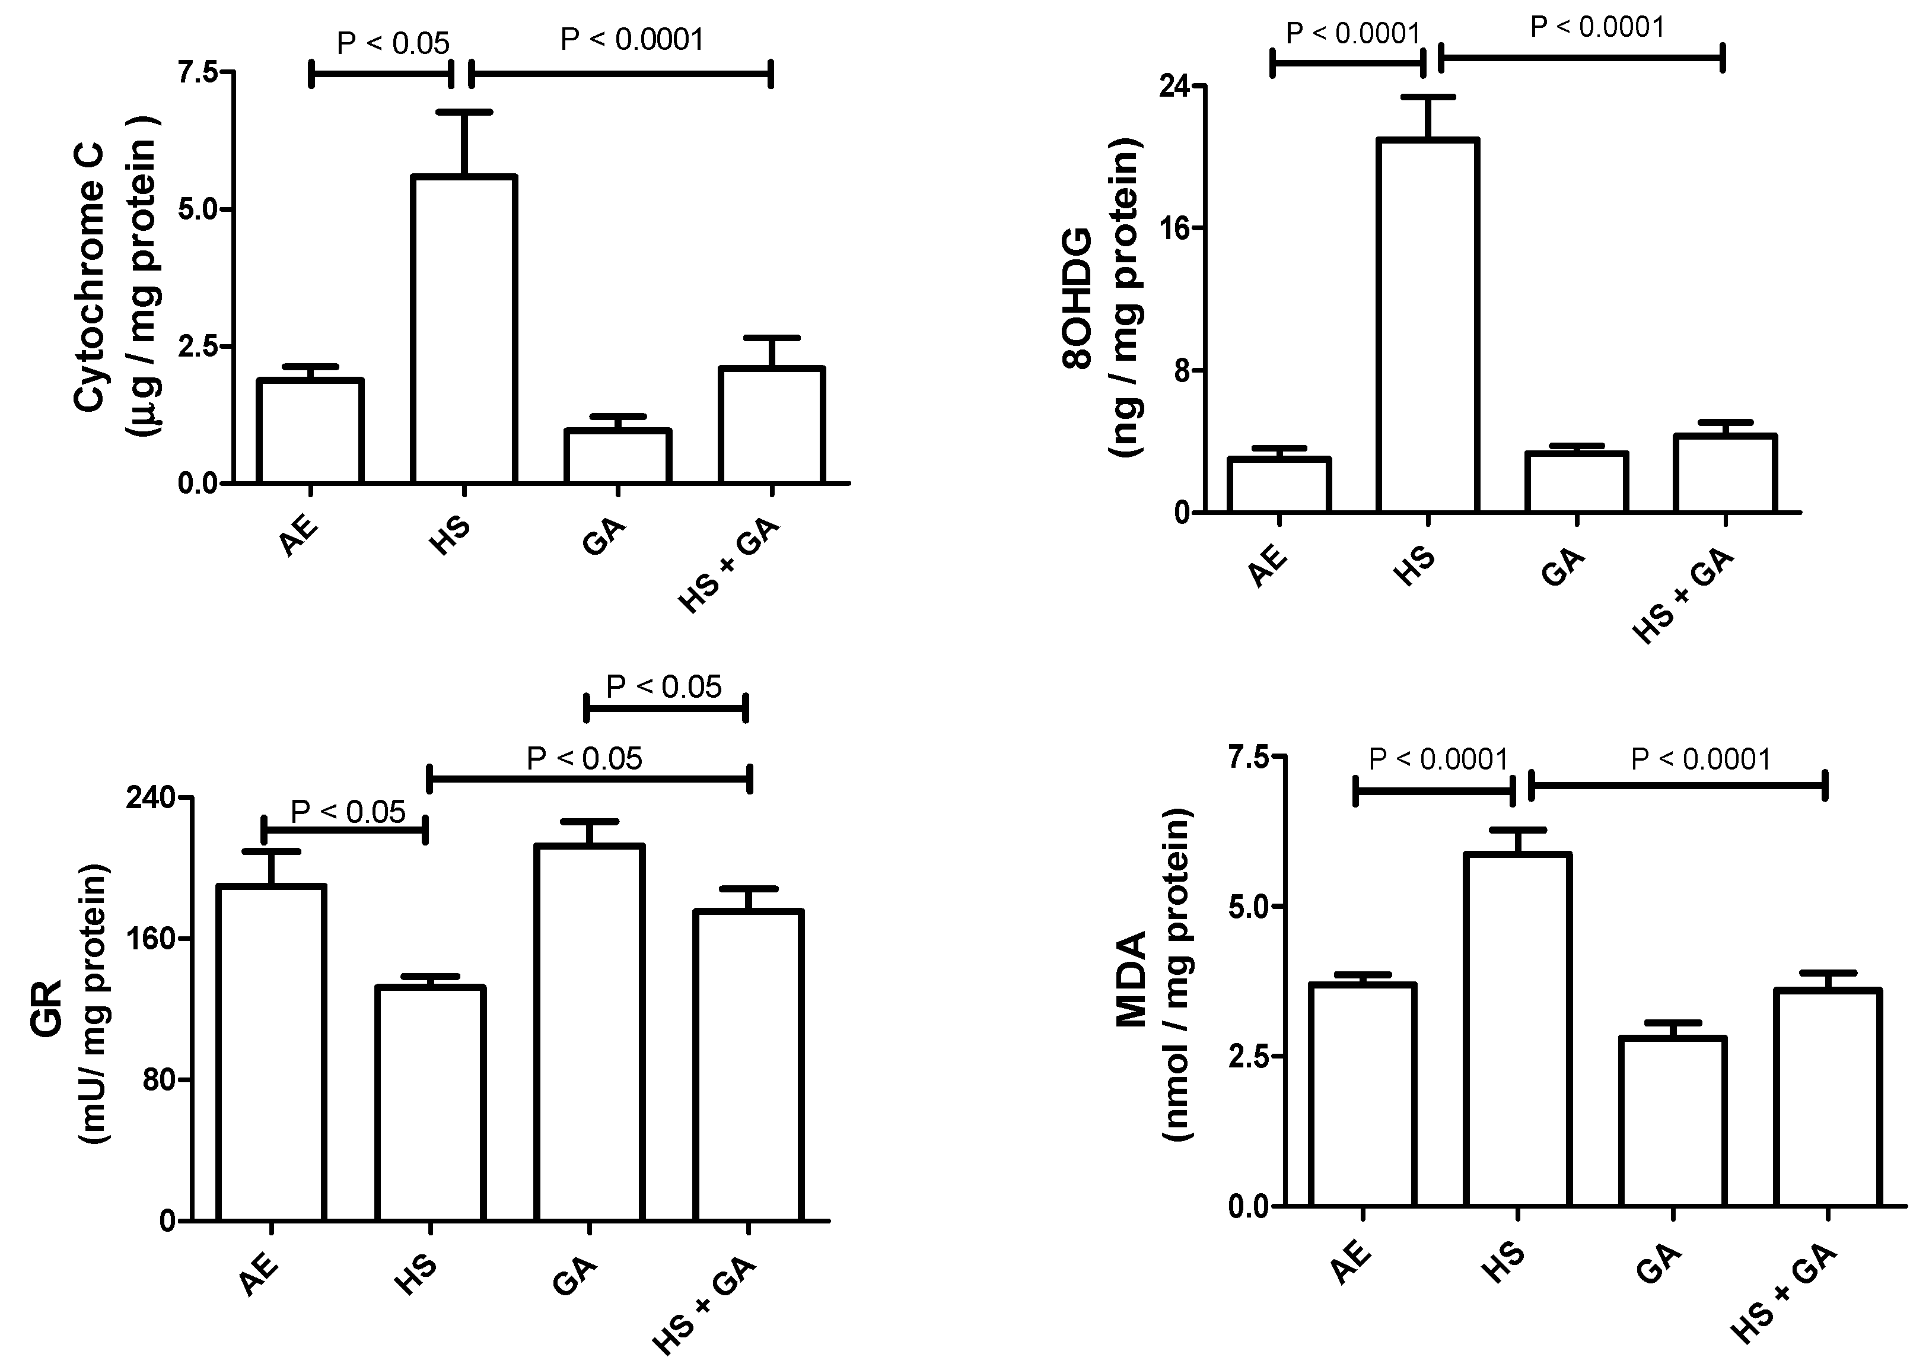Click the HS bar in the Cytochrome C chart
point(463,329)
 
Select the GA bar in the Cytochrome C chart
point(617,456)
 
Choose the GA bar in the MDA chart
point(1673,1121)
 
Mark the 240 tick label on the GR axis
point(149,797)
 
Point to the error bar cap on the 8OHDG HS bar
point(1427,97)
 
